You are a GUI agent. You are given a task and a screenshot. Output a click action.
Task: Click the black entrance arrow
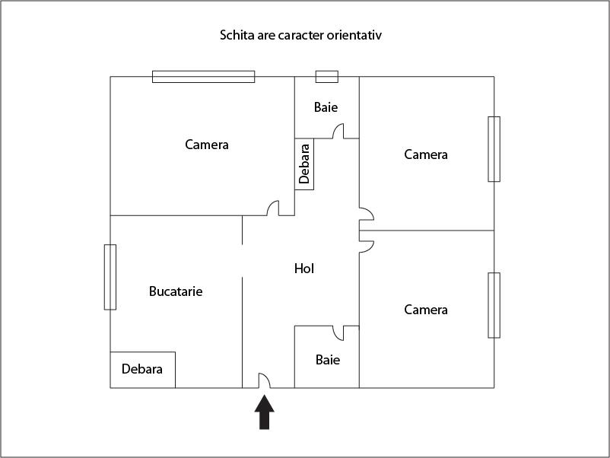tap(265, 412)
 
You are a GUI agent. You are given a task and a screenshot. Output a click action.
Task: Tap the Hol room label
tap(303, 269)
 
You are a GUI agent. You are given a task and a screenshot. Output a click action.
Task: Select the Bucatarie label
tap(176, 291)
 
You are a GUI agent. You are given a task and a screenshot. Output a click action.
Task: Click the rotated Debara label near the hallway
tap(304, 164)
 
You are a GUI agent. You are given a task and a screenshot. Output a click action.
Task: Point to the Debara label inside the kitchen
tap(142, 369)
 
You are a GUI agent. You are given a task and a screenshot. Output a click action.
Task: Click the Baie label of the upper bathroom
tap(326, 107)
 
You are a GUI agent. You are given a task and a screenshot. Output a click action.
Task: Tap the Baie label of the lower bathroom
tap(328, 360)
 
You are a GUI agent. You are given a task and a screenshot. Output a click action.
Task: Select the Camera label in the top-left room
tap(207, 145)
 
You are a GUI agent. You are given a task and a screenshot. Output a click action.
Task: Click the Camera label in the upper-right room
tap(426, 154)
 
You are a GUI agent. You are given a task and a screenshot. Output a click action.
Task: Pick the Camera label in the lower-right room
tap(426, 310)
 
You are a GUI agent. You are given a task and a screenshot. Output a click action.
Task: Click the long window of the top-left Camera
tap(204, 77)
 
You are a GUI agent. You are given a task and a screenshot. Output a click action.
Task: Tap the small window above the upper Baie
tap(327, 77)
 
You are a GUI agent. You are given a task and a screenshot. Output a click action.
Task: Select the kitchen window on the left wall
tap(110, 277)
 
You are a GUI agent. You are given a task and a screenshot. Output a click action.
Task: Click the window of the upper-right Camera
tap(494, 149)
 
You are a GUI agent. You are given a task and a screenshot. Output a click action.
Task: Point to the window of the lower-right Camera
tap(494, 306)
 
